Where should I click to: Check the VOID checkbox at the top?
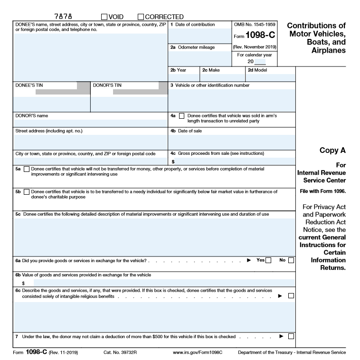[x=104, y=17]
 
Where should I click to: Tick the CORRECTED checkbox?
[x=141, y=17]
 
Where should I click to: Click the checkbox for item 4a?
[x=181, y=116]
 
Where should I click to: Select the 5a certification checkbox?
[x=26, y=169]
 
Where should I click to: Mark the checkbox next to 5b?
[x=26, y=192]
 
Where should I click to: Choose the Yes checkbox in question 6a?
[x=269, y=260]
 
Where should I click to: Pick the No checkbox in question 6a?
[x=291, y=260]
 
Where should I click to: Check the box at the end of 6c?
[x=291, y=296]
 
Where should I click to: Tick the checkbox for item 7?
[x=291, y=337]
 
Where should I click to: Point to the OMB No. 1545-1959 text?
[x=254, y=24]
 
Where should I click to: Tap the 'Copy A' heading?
[x=332, y=150]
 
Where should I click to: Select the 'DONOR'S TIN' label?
[x=107, y=85]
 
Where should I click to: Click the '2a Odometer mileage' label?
[x=193, y=47]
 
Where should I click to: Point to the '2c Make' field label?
[x=211, y=70]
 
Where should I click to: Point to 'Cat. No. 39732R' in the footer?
[x=120, y=352]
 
